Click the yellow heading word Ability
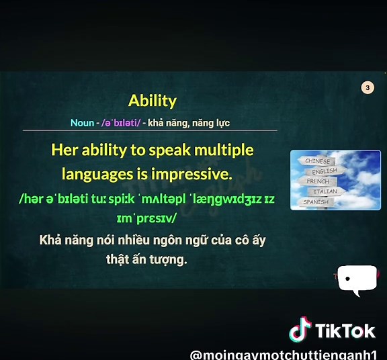[152, 101]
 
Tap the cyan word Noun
[82, 124]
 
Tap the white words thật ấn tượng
[146, 259]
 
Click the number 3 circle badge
[367, 87]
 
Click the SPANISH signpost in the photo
[316, 201]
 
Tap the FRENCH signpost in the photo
[318, 181]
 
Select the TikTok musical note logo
[300, 330]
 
